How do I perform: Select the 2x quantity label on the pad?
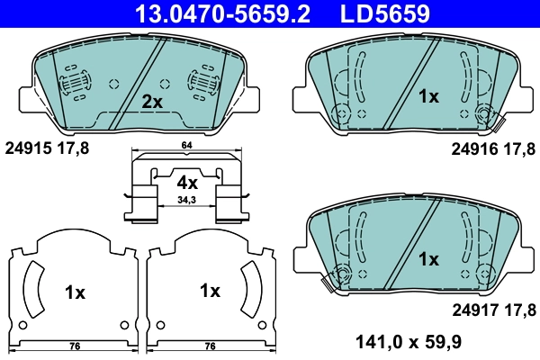[x=152, y=102]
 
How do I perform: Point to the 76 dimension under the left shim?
[x=76, y=346]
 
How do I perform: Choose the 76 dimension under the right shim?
[x=210, y=346]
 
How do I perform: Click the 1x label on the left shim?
[x=75, y=292]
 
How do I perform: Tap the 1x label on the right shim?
[x=210, y=291]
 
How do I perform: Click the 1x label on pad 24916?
[x=428, y=95]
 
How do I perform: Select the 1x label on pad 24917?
[x=428, y=259]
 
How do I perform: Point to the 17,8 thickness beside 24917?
[x=518, y=310]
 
